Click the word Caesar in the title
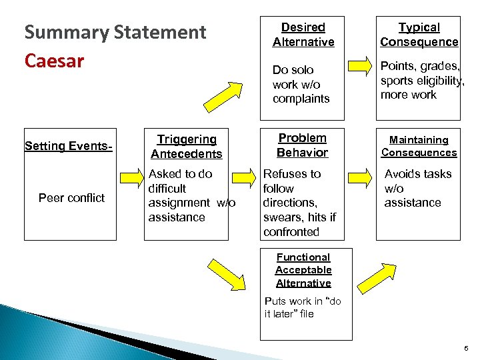(54, 61)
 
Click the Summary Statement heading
(115, 33)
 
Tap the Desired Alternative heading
(303, 35)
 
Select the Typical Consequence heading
(419, 35)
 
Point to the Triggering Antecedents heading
(186, 147)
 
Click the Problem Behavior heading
(302, 145)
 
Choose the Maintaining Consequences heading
(419, 146)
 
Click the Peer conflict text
(71, 198)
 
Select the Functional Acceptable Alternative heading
(303, 270)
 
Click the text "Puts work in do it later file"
(303, 307)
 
